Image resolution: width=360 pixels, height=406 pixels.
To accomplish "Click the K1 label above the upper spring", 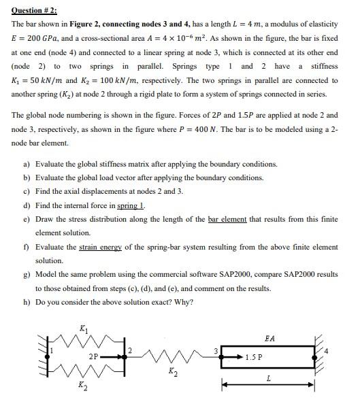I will click(83, 328).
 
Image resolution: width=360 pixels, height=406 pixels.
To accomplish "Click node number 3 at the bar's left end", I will click(216, 351).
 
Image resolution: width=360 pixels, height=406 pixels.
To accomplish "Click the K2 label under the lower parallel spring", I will click(83, 386).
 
